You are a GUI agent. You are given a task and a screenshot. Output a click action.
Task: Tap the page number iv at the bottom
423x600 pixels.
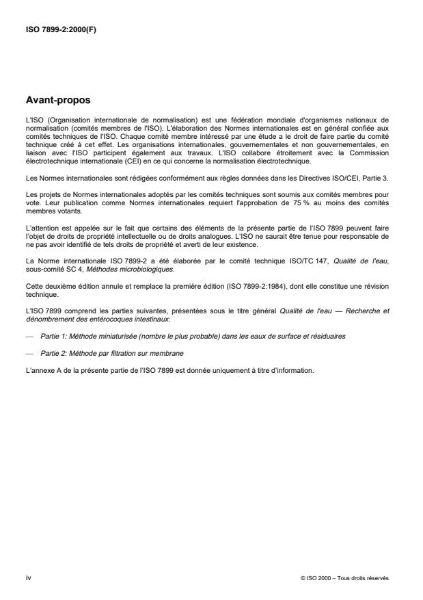coord(29,578)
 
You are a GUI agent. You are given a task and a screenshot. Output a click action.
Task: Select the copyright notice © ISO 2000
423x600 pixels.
coord(344,579)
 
